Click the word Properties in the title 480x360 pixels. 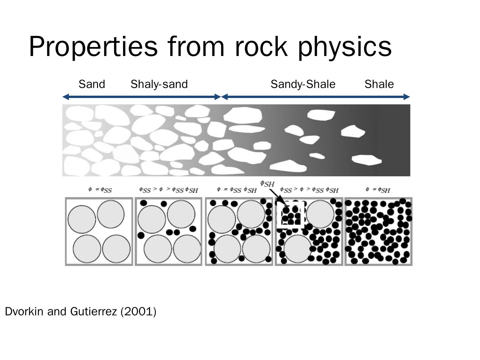pos(93,47)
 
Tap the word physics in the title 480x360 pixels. pos(345,47)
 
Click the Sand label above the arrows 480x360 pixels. pos(92,84)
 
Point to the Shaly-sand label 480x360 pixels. pos(159,84)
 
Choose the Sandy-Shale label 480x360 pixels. pos(303,84)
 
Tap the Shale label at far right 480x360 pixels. pos(379,84)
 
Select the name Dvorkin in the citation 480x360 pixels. pos(24,311)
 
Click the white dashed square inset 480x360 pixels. pos(291,215)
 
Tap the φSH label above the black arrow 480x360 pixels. pos(267,183)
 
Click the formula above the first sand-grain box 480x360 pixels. pos(100,190)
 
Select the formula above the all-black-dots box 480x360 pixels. pos(378,190)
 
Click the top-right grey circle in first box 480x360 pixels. pos(111,214)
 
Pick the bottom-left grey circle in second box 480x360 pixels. pos(158,249)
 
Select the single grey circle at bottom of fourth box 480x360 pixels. pos(297,249)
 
